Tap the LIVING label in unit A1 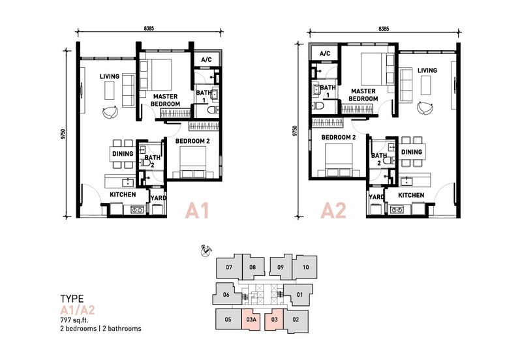click(110, 77)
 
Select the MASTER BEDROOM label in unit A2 click(364, 95)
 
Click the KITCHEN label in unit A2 click(411, 195)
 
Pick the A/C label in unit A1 click(206, 60)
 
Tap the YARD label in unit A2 click(376, 196)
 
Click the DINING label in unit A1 click(123, 154)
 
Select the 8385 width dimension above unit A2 click(384, 29)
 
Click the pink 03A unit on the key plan click(251, 320)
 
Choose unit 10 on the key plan click(305, 267)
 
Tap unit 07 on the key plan click(228, 267)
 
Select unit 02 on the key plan click(295, 320)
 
